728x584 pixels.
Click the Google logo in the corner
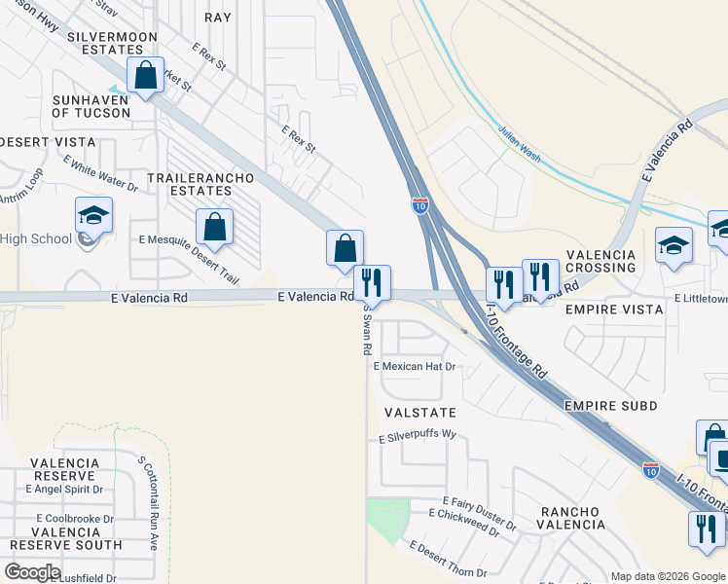coord(32,572)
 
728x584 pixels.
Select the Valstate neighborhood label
coord(419,413)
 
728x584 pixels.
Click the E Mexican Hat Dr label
coord(416,367)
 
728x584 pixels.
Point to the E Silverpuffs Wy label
coord(419,439)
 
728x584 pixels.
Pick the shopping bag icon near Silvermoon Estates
coord(146,77)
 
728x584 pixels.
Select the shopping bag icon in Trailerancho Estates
coord(214,228)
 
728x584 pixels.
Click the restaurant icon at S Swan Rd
coord(371,283)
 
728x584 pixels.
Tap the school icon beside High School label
coord(93,216)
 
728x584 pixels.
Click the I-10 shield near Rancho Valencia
coord(651,470)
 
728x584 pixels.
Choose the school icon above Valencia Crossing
coord(673,245)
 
